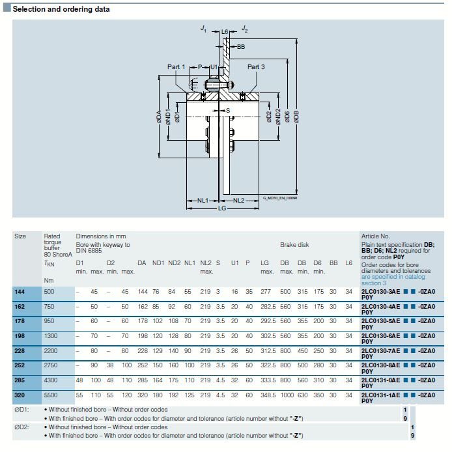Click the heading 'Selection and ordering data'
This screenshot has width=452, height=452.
point(61,9)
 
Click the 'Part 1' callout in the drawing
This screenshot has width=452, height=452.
point(176,67)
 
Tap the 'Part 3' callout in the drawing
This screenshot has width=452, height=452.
point(256,67)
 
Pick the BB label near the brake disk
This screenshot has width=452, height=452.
point(241,47)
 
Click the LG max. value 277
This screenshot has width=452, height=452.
point(264,292)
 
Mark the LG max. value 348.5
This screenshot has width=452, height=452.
point(267,395)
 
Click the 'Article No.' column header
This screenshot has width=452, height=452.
point(374,236)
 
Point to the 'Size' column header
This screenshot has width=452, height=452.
point(20,236)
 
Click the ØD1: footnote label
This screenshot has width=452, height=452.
point(22,410)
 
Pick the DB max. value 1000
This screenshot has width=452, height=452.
point(286,395)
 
